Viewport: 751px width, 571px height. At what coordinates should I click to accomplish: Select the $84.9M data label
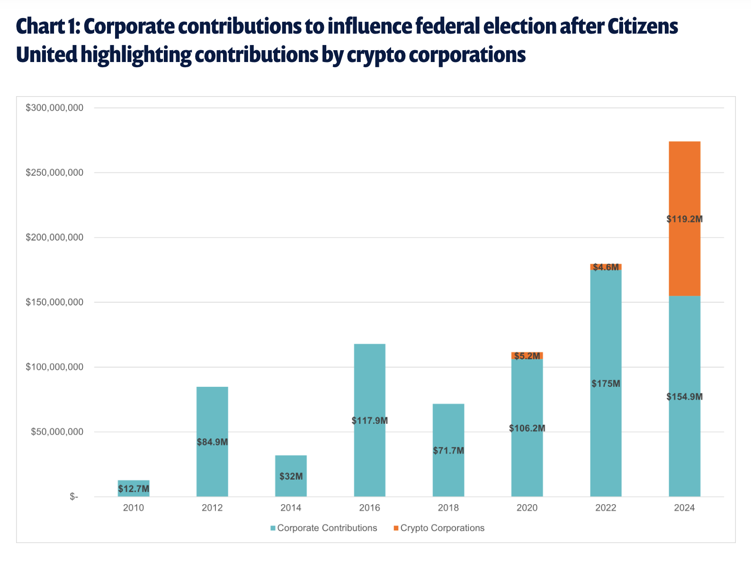[212, 442]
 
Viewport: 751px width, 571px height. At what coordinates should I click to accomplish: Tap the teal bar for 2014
[291, 476]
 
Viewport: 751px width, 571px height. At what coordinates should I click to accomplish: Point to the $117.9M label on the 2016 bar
[369, 420]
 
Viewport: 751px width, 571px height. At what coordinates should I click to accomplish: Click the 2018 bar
[448, 450]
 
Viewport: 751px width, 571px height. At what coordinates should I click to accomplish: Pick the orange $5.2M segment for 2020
[527, 356]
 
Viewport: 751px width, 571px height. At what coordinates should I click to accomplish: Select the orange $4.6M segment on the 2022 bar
[606, 267]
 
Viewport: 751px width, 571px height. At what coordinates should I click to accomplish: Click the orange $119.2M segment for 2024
[684, 219]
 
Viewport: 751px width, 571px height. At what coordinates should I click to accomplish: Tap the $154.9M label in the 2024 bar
[684, 397]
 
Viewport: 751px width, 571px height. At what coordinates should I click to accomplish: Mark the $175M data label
[606, 384]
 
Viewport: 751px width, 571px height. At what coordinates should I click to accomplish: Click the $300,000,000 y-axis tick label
[54, 108]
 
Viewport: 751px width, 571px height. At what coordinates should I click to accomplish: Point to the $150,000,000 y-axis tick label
[54, 302]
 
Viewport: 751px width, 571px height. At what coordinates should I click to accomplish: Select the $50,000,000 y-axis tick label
[57, 432]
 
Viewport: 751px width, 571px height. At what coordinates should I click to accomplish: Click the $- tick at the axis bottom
[74, 497]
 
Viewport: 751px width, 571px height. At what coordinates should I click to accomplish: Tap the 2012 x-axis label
[212, 508]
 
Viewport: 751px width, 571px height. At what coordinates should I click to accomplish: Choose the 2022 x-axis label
[606, 508]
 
